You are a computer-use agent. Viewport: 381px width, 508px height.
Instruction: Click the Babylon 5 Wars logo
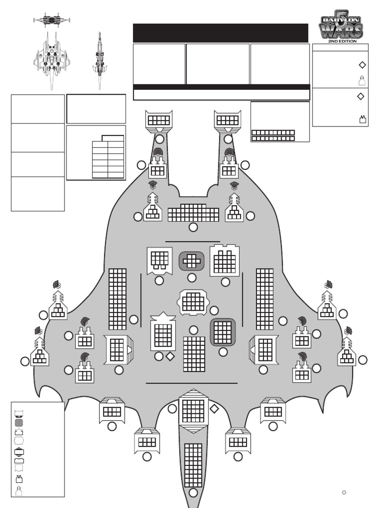[341, 26]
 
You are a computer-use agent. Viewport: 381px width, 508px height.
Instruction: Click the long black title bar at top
[220, 33]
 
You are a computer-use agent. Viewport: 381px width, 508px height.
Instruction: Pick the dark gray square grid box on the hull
[222, 332]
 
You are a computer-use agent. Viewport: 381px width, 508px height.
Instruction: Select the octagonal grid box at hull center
[193, 302]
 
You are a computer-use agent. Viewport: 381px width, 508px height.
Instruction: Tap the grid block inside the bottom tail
[193, 465]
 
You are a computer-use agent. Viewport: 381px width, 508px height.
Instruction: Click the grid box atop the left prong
[159, 120]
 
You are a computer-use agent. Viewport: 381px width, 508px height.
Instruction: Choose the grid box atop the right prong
[228, 120]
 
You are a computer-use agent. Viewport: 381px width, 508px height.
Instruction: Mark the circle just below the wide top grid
[193, 227]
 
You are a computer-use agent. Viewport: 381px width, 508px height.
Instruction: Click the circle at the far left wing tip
[25, 361]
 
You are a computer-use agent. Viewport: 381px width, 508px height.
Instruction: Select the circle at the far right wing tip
[363, 360]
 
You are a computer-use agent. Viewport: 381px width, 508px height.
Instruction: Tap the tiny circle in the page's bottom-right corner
[344, 492]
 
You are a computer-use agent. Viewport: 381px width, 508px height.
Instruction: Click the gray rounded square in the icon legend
[19, 423]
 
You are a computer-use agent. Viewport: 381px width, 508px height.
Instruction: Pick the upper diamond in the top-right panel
[362, 64]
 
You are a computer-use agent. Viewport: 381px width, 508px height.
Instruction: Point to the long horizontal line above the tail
[191, 383]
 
